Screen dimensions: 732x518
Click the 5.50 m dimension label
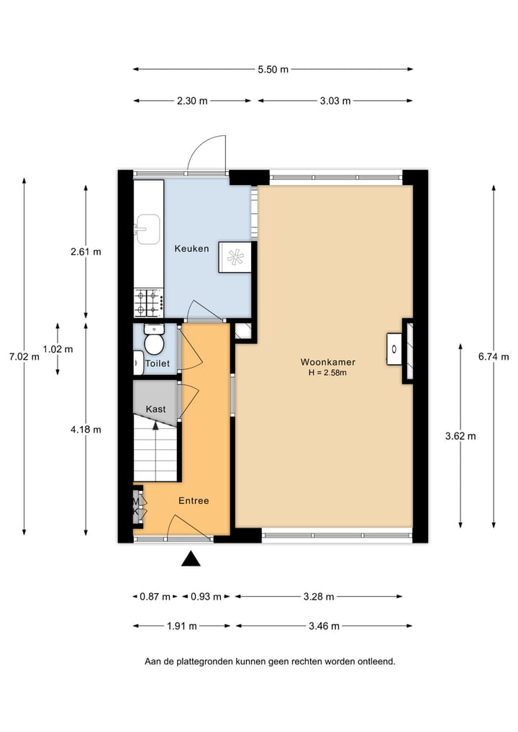273,70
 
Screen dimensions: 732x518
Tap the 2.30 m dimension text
192,101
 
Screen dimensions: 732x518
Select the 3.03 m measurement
335,101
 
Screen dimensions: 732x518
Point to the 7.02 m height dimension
24,356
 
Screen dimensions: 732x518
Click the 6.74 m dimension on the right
494,356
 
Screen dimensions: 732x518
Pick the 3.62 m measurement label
460,435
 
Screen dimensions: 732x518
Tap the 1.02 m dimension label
58,349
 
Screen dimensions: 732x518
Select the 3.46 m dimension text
324,626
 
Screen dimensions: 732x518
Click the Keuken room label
191,249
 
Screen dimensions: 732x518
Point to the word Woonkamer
328,362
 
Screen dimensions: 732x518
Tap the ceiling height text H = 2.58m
328,373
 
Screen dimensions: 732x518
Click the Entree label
194,500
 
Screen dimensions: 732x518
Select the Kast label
155,409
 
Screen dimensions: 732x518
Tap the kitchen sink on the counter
148,229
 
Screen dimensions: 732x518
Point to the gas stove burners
148,303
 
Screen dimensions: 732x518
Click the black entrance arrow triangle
191,559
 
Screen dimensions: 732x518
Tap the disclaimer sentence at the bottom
270,661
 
